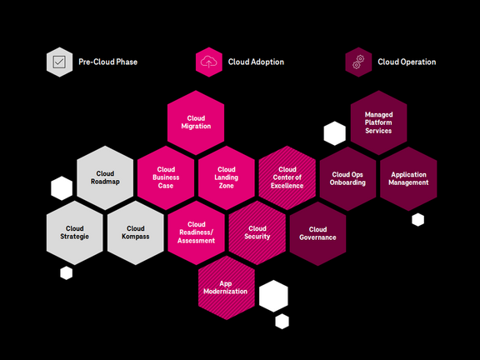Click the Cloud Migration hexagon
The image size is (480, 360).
pos(197,122)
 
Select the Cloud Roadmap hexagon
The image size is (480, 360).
pos(105,177)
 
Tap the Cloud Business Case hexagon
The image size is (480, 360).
pos(166,177)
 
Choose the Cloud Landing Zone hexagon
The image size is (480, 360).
pos(227,177)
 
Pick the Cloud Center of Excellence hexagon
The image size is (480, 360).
pos(287,177)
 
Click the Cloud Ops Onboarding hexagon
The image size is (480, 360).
pos(347,177)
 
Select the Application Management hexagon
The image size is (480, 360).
pos(408,177)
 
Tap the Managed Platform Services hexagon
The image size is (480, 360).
pos(378,122)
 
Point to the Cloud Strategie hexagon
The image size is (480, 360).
pos(75,232)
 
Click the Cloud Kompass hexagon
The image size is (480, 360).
pos(136,232)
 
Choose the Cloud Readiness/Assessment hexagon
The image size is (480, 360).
pos(197,232)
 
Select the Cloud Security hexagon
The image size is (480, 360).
pos(257,232)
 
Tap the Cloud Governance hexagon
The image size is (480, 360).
pos(317,232)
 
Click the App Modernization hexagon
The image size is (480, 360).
pos(227,287)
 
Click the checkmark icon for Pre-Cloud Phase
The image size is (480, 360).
pos(58,62)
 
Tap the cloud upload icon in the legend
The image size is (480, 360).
pos(208,62)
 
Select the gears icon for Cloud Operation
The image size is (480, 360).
pos(358,62)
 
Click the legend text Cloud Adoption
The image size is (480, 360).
pos(257,62)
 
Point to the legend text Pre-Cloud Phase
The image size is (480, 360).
pos(108,62)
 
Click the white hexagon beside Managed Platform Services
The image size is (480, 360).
pos(334,132)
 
